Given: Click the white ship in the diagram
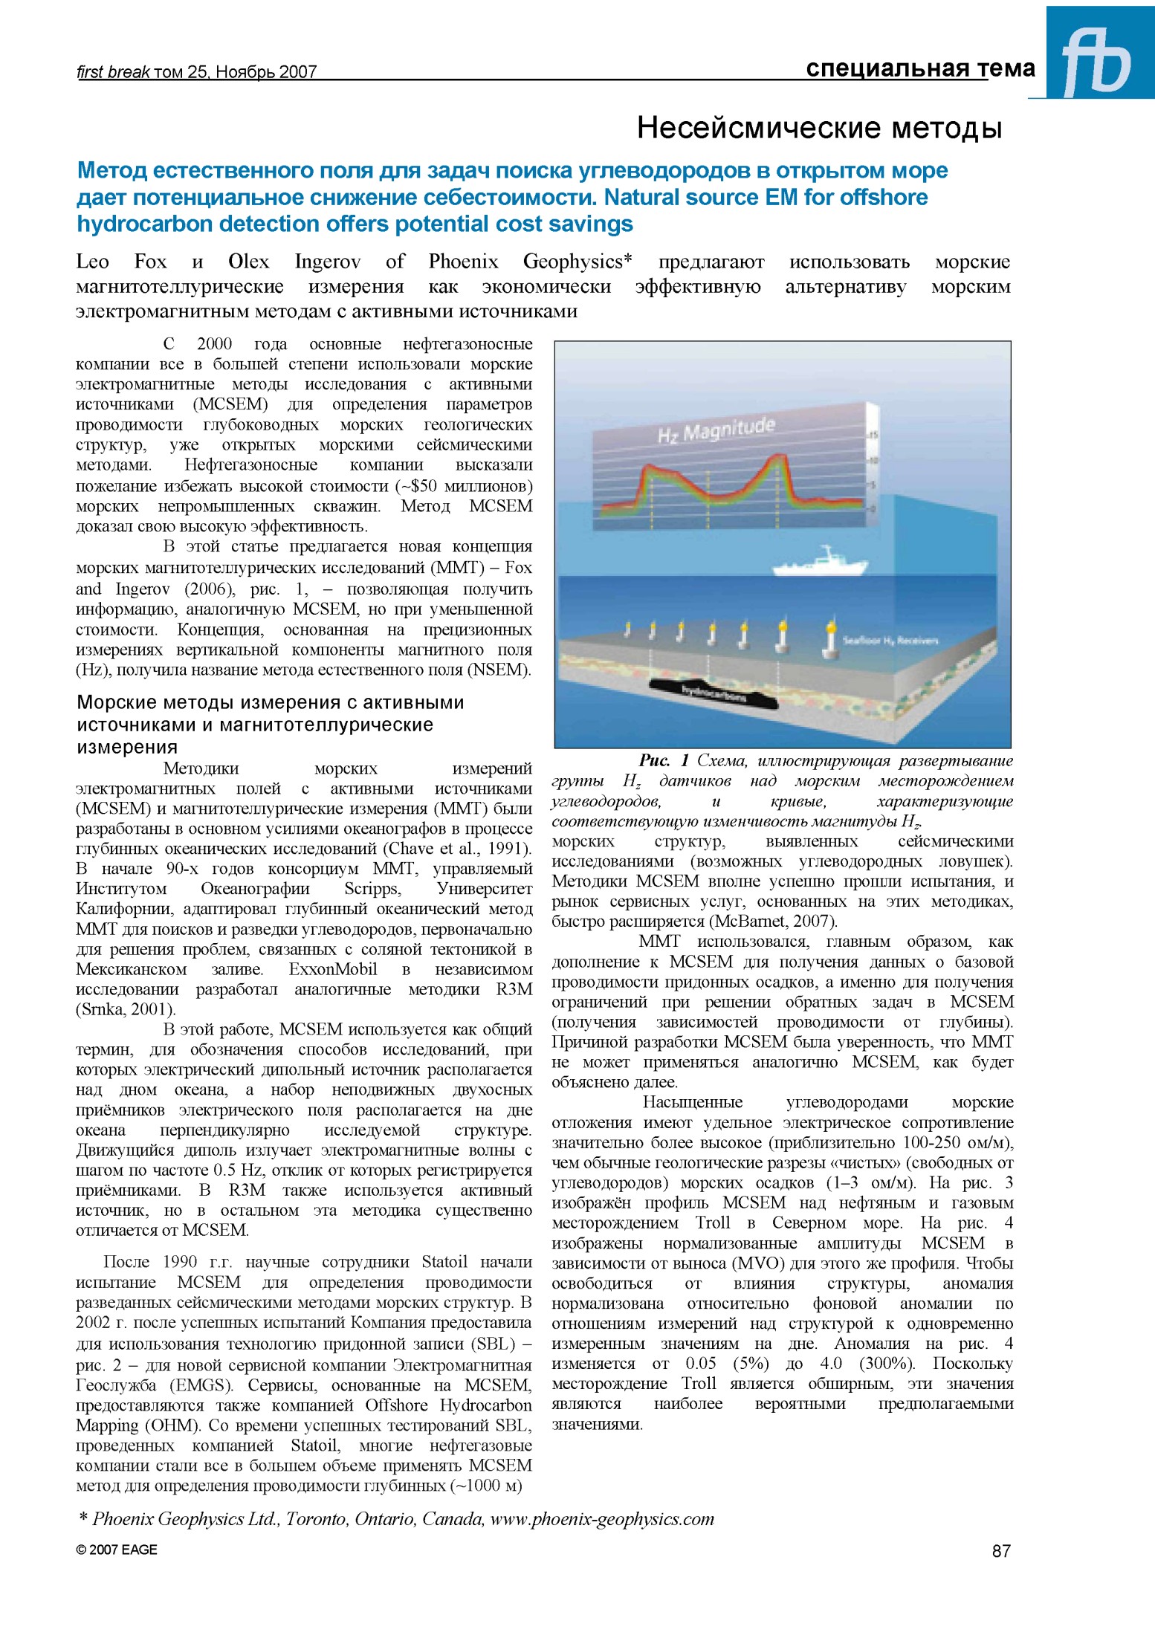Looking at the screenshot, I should (820, 563).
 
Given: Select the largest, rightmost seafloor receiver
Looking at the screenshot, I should (832, 641).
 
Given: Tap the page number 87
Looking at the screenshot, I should (1001, 1550).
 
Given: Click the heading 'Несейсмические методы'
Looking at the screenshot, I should (820, 129).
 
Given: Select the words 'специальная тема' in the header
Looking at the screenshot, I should (920, 69).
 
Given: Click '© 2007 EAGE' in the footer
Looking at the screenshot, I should (117, 1550).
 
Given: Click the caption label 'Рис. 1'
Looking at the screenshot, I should (664, 760).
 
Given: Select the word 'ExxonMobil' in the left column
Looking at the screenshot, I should (333, 970).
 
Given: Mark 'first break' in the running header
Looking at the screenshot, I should (113, 72).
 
